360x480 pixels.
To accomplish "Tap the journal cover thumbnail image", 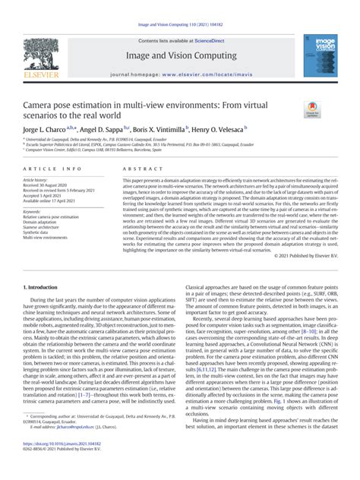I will coord(318,55).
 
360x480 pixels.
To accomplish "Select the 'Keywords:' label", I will coord(33,212).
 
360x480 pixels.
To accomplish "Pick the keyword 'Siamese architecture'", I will coord(46,228).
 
